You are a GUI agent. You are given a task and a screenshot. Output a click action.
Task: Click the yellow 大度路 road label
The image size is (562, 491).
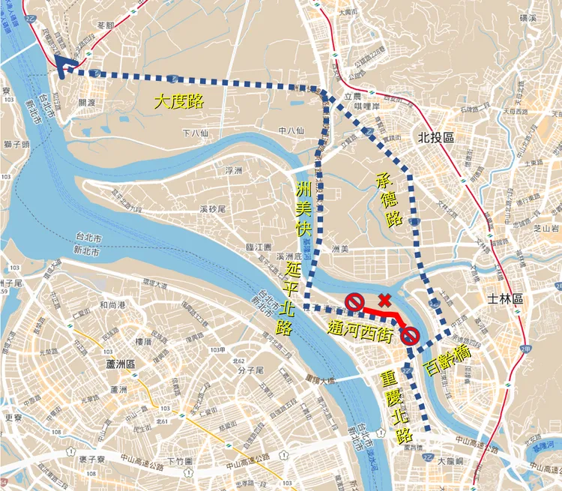[178, 102]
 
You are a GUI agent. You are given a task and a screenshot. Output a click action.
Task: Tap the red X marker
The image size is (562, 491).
[384, 301]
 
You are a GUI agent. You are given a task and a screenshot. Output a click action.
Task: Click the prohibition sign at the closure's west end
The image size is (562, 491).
[354, 303]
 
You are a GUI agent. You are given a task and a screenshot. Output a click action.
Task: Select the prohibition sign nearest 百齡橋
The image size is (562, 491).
[409, 337]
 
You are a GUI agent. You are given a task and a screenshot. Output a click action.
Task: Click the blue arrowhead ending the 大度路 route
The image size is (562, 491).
[61, 67]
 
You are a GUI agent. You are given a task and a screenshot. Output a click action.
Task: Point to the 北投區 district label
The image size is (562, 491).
[433, 137]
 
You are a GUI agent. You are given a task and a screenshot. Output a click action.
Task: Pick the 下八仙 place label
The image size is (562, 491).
[195, 133]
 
